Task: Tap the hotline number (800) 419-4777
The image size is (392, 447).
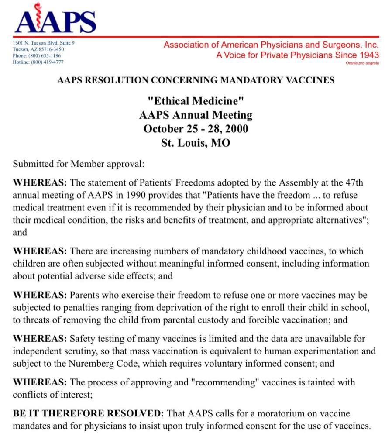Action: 46,62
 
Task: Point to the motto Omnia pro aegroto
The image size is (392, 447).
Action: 362,63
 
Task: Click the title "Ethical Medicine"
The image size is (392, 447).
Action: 196,101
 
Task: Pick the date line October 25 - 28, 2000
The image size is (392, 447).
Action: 196,129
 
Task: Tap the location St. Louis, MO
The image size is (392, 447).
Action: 196,143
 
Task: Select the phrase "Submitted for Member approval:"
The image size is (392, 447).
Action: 78,165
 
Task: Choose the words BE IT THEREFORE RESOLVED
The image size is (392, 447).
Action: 89,413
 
